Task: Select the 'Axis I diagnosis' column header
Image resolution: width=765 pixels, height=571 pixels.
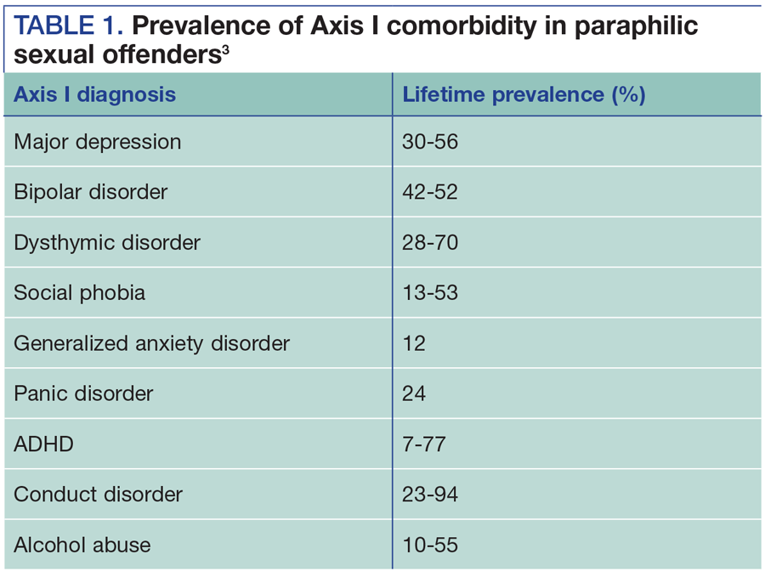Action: [94, 94]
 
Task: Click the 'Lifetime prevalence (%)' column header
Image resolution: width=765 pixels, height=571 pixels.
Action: [524, 94]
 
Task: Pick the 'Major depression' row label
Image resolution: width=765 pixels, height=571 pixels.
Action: [97, 142]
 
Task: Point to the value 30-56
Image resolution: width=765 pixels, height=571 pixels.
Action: [430, 142]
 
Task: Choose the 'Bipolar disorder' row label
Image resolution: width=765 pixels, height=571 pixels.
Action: [91, 192]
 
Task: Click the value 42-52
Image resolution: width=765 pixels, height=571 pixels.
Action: [430, 192]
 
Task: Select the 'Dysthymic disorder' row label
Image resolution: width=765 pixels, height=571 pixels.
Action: [107, 243]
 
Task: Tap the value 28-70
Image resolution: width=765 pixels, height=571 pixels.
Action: [430, 243]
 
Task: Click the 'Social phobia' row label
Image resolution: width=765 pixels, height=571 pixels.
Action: [80, 293]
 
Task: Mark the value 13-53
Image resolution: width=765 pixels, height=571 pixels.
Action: [430, 293]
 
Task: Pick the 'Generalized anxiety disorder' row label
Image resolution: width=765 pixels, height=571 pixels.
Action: [152, 343]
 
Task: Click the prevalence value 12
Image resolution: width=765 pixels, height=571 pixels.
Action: [414, 343]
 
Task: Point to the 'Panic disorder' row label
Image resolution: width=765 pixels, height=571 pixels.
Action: [83, 393]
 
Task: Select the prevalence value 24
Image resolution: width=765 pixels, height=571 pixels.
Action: [415, 393]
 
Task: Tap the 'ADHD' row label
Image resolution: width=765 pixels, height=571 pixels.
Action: [44, 444]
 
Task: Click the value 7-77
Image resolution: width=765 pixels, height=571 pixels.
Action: [424, 444]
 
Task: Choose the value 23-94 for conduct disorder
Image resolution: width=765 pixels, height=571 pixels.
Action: [430, 495]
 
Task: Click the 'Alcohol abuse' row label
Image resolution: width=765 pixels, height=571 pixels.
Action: [82, 545]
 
